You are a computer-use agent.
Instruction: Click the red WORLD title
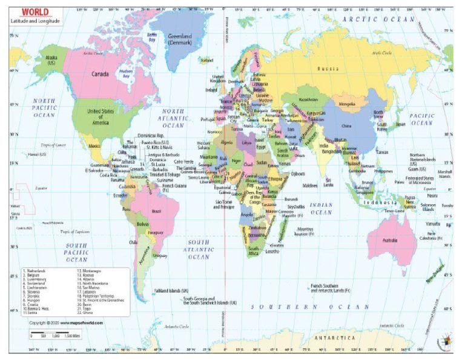coord(23,10)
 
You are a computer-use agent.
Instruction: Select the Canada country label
coord(99,75)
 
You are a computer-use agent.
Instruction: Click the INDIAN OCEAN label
coord(322,210)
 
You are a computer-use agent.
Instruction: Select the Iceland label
coord(208,61)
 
